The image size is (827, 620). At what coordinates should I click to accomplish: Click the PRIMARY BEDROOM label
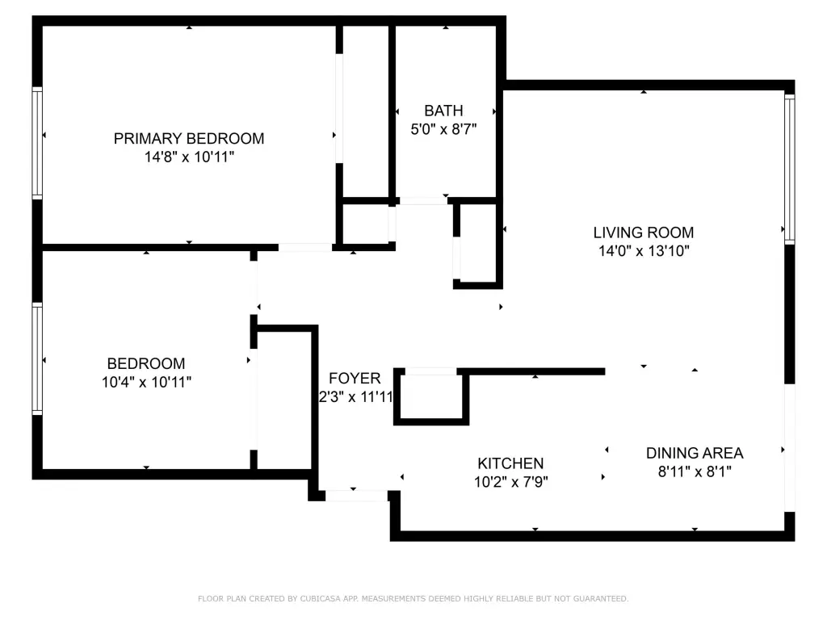(189, 139)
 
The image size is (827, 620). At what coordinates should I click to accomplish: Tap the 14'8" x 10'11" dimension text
(189, 157)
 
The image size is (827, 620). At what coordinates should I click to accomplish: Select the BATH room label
(443, 111)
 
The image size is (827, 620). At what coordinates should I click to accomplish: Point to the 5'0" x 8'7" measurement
(443, 129)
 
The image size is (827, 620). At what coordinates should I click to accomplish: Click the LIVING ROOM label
(644, 232)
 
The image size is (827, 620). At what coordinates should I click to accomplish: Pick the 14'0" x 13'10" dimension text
(644, 251)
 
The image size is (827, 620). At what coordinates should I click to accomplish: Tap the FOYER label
(355, 379)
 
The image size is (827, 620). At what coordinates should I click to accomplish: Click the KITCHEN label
(510, 463)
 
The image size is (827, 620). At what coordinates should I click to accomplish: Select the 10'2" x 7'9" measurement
(511, 482)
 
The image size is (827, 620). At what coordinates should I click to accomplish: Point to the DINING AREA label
(695, 453)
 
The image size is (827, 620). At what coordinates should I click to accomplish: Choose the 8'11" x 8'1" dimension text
(695, 471)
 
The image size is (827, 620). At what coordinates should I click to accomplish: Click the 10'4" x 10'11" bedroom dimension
(146, 382)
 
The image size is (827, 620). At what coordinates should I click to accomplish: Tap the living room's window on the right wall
(790, 169)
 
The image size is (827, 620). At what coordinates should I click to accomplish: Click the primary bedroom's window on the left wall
(37, 144)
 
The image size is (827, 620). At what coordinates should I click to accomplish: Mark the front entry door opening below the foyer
(356, 496)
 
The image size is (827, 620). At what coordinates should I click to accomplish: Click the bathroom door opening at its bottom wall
(423, 201)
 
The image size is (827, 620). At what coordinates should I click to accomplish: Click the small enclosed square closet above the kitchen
(431, 397)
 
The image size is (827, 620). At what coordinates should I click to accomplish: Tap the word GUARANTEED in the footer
(600, 598)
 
